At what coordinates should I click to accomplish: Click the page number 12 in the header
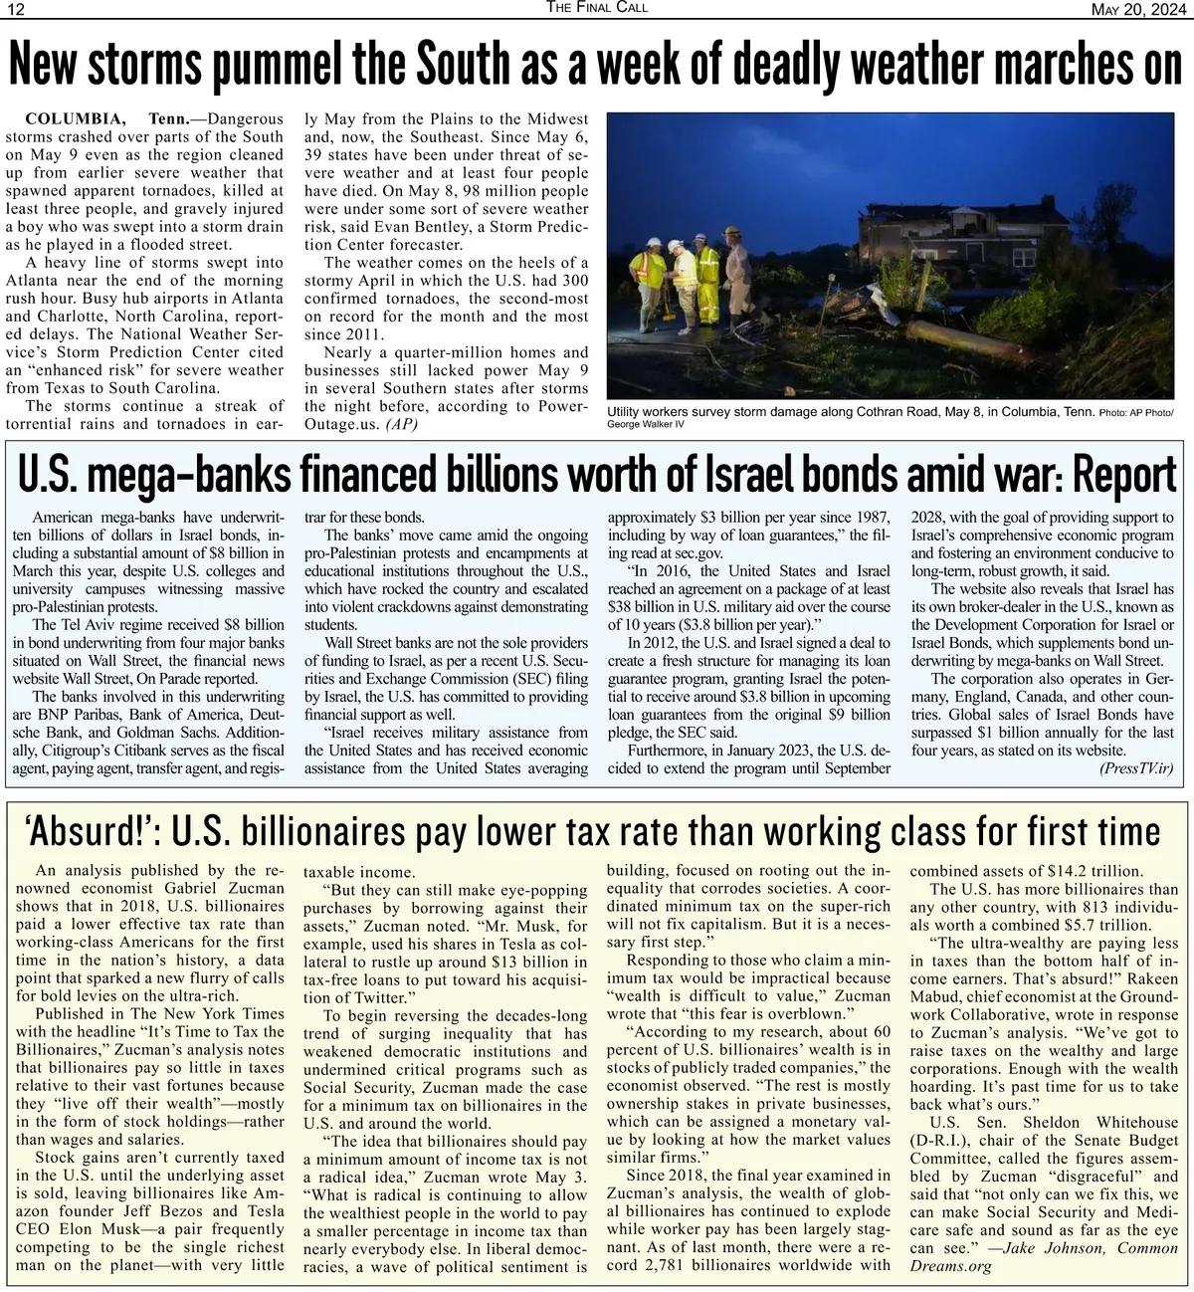click(x=17, y=9)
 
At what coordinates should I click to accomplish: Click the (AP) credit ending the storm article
click(x=401, y=424)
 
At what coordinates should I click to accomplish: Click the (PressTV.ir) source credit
click(x=1136, y=768)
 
